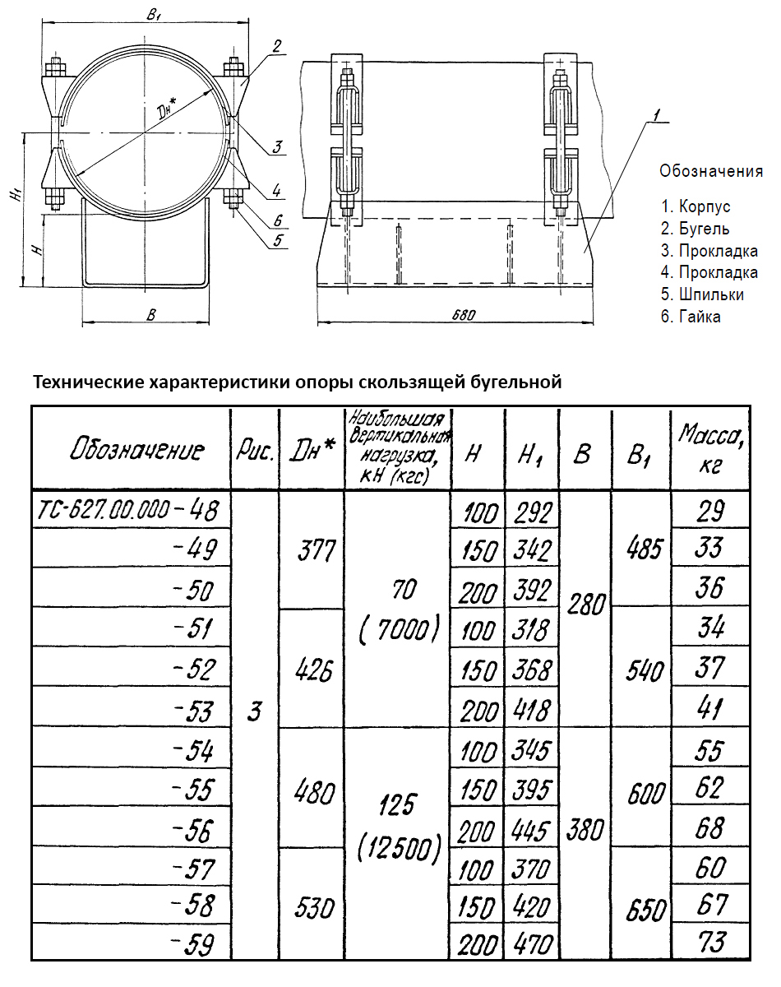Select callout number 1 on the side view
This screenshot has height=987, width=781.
pos(653,118)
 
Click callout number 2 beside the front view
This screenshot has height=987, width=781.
pos(277,45)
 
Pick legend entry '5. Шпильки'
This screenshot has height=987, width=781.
pos(703,294)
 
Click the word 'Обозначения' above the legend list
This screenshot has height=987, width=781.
pos(711,172)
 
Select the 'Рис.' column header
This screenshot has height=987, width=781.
pos(255,450)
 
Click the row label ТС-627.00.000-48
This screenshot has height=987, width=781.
pos(128,512)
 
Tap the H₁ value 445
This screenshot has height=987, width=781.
pos(531,831)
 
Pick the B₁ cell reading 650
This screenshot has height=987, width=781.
pos(643,907)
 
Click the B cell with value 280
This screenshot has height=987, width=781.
pos(586,609)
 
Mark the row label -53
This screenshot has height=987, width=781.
pos(194,710)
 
